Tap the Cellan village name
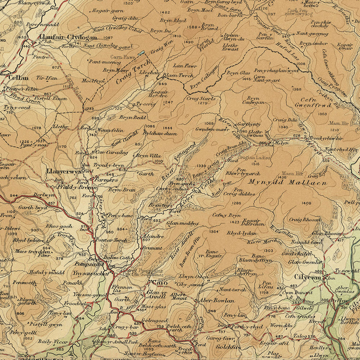[x=18, y=78]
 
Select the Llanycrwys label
[x=64, y=171]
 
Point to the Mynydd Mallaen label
[x=288, y=182]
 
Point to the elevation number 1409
[x=306, y=204]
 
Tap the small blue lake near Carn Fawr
[x=142, y=52]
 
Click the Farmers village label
[x=106, y=180]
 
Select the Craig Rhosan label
[x=305, y=220]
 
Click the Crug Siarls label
[x=201, y=98]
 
